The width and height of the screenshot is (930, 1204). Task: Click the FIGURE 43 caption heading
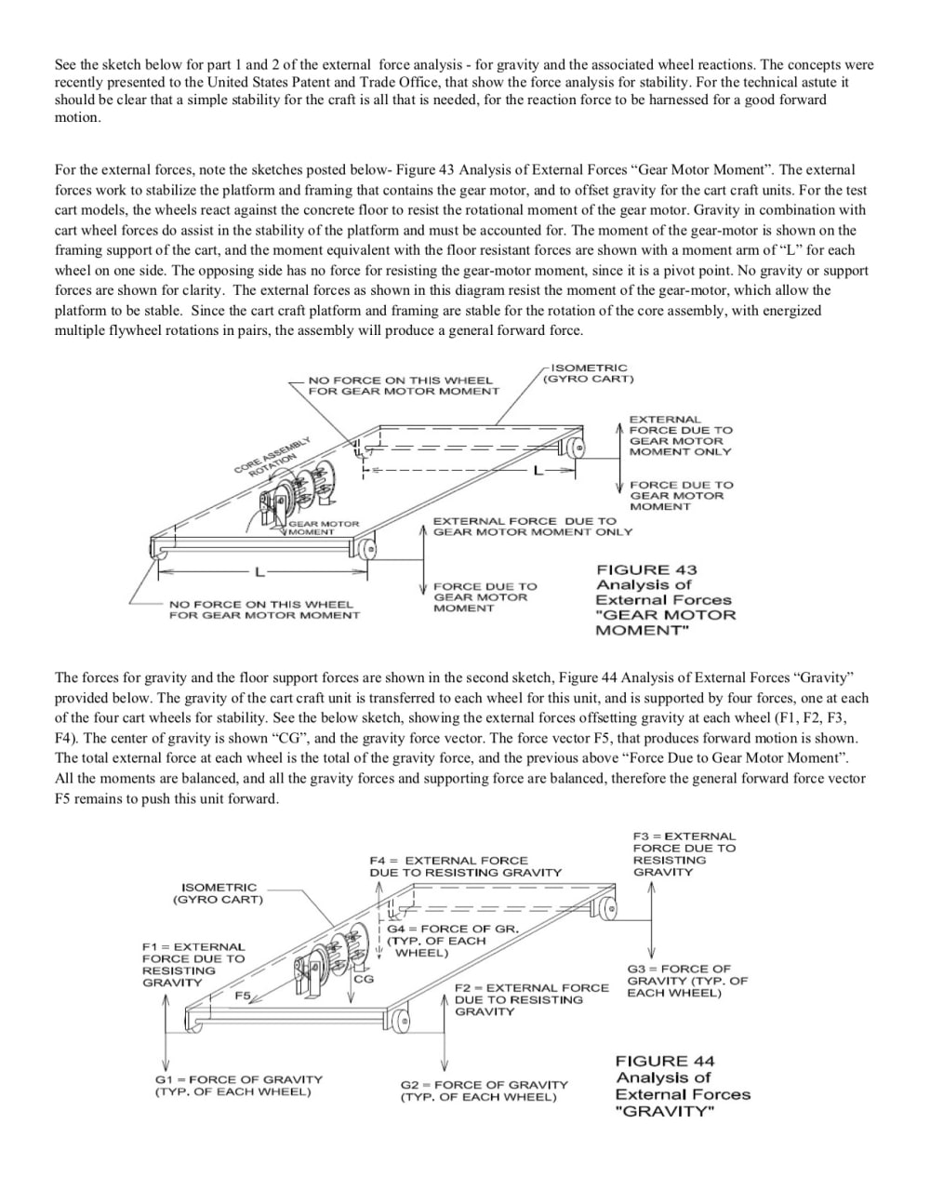tap(645, 569)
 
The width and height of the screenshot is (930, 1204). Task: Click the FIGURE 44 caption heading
tap(664, 1061)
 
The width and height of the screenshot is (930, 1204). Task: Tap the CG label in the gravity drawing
tap(363, 979)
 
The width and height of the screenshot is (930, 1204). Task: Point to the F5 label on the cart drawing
tap(243, 996)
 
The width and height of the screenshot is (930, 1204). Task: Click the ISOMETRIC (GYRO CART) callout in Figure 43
tap(588, 373)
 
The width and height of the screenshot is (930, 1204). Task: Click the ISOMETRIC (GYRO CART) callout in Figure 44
tap(218, 893)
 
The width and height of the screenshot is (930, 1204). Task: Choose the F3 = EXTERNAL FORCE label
tap(683, 854)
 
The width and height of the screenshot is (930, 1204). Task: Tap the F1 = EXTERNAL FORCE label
tap(193, 964)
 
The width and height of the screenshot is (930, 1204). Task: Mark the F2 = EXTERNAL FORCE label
tap(531, 999)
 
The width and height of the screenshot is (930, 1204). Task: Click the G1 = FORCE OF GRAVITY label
tap(238, 1085)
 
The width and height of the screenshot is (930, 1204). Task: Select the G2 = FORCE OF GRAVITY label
tap(484, 1090)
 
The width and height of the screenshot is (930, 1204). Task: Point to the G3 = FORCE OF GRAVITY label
tap(686, 981)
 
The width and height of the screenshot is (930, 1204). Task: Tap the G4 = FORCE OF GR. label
tap(452, 941)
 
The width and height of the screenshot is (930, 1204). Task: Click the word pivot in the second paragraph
tap(752, 271)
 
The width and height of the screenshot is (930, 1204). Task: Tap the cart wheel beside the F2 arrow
tap(401, 1020)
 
